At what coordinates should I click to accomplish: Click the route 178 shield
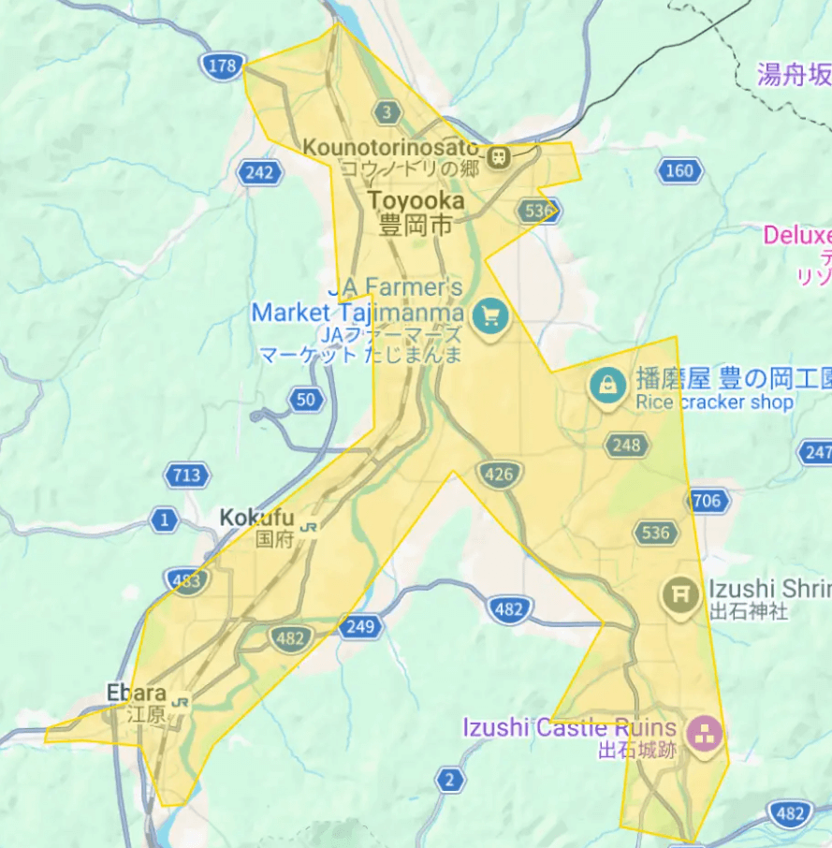click(x=221, y=66)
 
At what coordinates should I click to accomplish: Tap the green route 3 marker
click(x=386, y=113)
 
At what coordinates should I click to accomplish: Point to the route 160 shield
click(x=680, y=170)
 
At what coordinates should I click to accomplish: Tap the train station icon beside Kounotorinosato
click(x=499, y=156)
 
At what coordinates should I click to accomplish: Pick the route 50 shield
click(x=306, y=401)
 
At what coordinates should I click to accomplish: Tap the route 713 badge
click(x=186, y=475)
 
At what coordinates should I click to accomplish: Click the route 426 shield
click(x=499, y=475)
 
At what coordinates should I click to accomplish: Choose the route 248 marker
click(x=626, y=445)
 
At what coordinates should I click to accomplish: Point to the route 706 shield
click(x=707, y=501)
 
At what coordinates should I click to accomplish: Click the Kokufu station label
click(x=256, y=518)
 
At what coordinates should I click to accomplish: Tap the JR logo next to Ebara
click(x=182, y=700)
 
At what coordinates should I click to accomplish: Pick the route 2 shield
click(x=450, y=780)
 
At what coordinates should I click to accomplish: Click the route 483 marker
click(x=187, y=581)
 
